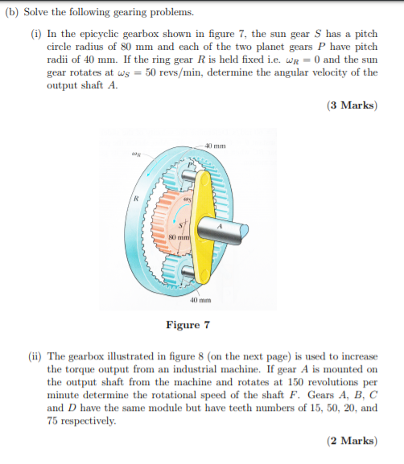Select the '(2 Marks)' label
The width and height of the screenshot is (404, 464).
pos(352,441)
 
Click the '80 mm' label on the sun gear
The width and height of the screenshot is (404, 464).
pos(178,237)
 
